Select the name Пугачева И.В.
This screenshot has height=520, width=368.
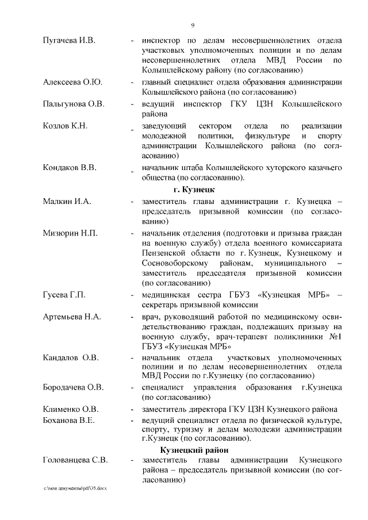click(x=69, y=41)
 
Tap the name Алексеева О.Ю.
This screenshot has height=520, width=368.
click(x=72, y=82)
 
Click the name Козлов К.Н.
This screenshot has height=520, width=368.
click(x=64, y=125)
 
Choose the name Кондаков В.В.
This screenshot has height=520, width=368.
click(x=70, y=167)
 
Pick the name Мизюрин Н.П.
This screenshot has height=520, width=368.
click(x=70, y=233)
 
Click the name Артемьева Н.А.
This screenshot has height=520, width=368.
click(x=72, y=316)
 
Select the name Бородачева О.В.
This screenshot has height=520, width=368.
click(x=74, y=387)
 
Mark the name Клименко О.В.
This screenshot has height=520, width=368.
click(x=71, y=409)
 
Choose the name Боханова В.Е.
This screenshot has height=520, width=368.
click(x=69, y=419)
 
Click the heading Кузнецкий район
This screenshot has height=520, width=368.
click(x=194, y=449)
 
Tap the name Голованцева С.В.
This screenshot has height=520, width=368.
click(x=76, y=461)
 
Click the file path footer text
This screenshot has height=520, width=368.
click(x=75, y=488)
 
